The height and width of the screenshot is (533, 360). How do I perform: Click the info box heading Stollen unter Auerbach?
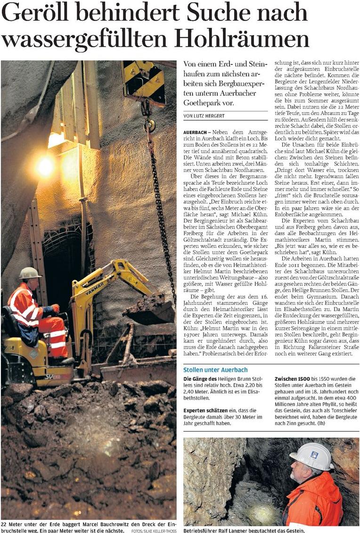pyautogui.click(x=215, y=369)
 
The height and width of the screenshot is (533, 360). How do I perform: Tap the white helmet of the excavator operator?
pyautogui.click(x=29, y=273)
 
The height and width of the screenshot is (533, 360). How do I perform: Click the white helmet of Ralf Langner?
pyautogui.click(x=311, y=456)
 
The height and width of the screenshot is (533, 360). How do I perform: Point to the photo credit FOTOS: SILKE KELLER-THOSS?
pyautogui.click(x=154, y=531)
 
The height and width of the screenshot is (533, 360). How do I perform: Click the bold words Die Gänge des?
pyautogui.click(x=201, y=378)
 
